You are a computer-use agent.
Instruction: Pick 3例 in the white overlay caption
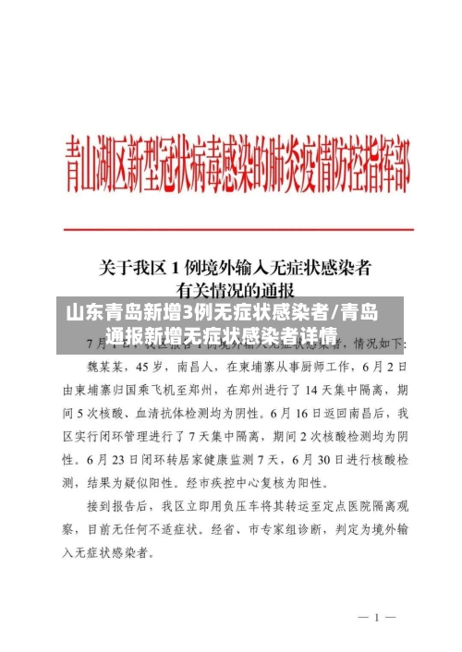[194, 311]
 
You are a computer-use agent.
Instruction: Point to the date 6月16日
[318, 411]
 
